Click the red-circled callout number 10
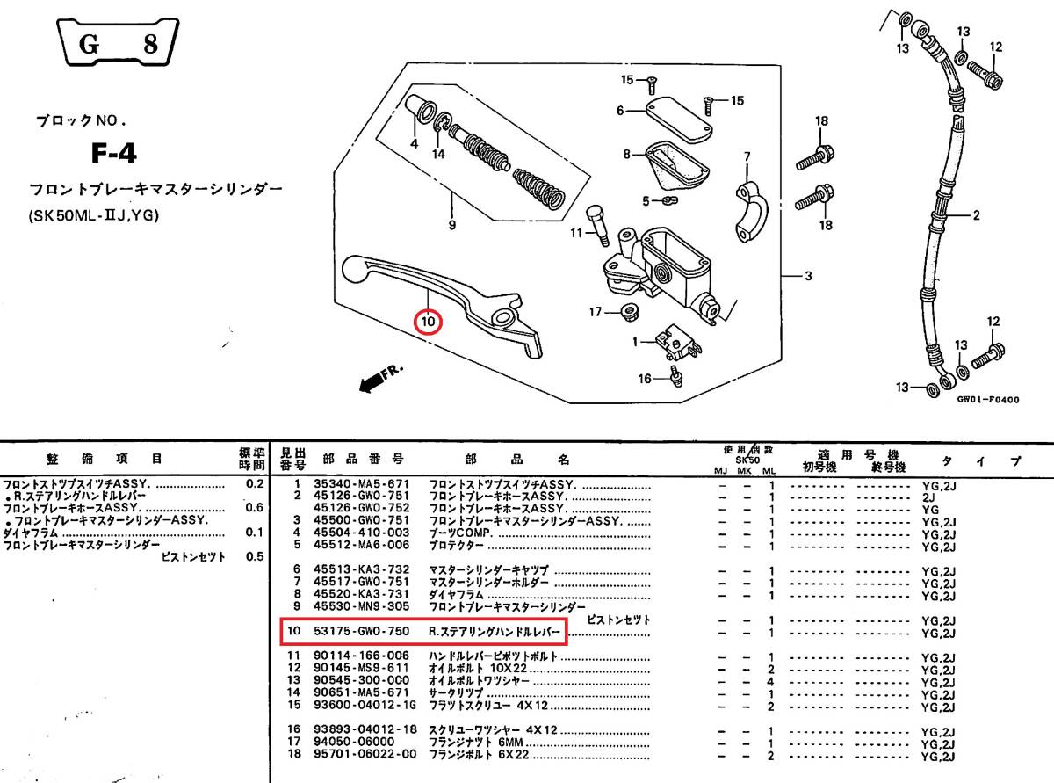428,323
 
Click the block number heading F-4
114,155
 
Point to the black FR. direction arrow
379,380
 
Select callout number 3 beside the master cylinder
809,276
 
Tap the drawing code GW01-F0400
987,399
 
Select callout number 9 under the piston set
451,226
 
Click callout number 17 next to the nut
596,312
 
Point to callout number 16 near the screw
645,379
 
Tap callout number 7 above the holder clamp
747,157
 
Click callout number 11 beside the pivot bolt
576,233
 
